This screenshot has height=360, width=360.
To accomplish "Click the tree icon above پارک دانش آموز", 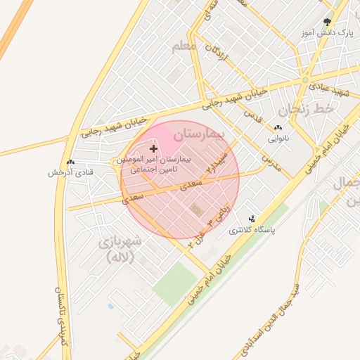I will coord(326,22).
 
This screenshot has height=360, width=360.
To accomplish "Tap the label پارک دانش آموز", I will coord(326,33).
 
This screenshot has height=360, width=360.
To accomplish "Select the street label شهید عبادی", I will coord(332,90).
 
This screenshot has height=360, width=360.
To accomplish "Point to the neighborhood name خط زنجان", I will coord(304,110).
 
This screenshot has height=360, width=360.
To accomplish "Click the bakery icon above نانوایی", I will coord(277,128).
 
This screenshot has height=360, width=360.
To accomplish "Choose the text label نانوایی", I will coord(277,139).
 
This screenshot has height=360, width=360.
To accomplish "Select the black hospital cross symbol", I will coord(154,148).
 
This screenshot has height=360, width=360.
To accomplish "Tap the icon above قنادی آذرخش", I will coord(70,162).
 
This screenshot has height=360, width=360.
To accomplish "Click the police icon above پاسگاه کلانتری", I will coord(252,219).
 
